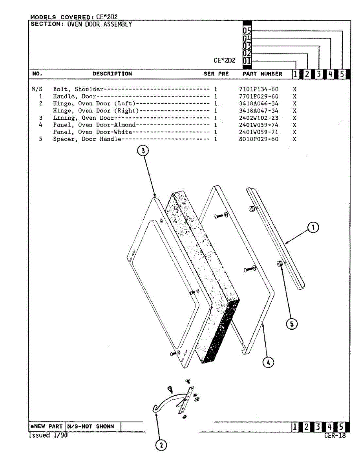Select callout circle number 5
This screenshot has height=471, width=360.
(291, 324)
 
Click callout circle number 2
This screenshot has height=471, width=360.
(161, 445)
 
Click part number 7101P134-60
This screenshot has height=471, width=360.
(258, 89)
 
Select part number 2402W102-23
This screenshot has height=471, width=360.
(258, 118)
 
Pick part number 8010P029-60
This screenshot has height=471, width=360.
(258, 139)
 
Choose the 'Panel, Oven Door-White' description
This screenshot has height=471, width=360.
(93, 132)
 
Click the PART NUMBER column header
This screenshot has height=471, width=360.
(262, 74)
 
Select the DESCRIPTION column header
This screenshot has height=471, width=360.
(112, 74)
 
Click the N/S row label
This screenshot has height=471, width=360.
(37, 89)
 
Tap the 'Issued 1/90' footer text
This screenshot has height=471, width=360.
(48, 435)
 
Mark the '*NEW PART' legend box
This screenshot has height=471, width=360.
(46, 426)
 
